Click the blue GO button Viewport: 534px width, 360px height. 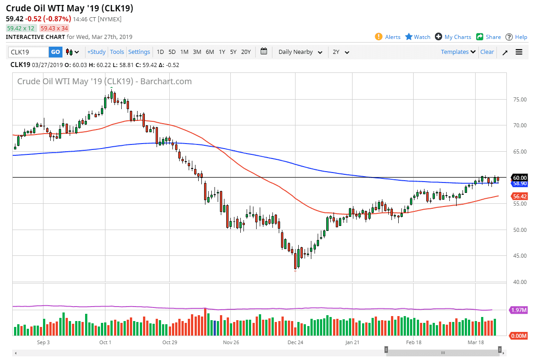(x=55, y=52)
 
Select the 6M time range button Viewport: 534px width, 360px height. (x=210, y=52)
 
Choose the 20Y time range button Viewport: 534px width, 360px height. (x=246, y=52)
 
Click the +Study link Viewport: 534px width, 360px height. (x=96, y=52)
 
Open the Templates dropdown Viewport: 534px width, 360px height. (x=458, y=52)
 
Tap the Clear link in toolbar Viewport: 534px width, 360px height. (x=487, y=52)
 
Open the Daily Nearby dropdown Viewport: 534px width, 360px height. (x=300, y=52)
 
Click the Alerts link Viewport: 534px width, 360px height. (x=388, y=37)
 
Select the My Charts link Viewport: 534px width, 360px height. (x=453, y=37)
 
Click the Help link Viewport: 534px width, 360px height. (x=516, y=37)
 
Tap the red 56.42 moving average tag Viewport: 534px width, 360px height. (x=519, y=197)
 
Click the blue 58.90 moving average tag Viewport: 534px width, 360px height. (x=519, y=183)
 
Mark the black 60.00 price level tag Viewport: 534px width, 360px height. (x=519, y=178)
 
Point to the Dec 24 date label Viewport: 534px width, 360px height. (x=295, y=342)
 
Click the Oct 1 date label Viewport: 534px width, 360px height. (x=105, y=342)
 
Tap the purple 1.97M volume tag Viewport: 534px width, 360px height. (x=519, y=310)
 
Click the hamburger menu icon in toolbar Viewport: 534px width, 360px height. (x=519, y=52)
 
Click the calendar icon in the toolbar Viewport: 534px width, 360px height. (x=264, y=52)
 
